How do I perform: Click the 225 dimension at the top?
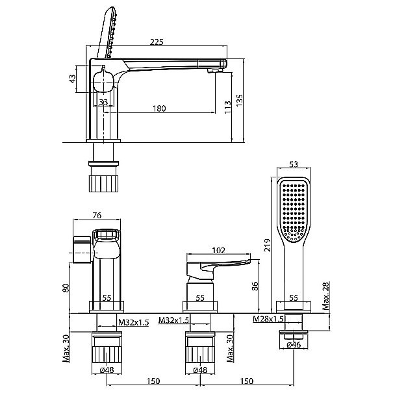click(x=157, y=42)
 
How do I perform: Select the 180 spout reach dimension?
click(x=159, y=108)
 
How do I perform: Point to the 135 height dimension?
click(x=240, y=100)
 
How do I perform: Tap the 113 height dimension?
click(x=227, y=107)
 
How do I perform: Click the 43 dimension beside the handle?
click(x=73, y=79)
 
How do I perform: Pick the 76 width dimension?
click(x=97, y=215)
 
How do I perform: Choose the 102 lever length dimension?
click(x=218, y=250)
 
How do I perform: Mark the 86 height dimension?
click(x=255, y=286)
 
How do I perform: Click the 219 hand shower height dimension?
click(x=268, y=245)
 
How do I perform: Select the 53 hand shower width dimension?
click(x=294, y=164)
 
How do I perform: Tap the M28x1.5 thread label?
click(x=268, y=319)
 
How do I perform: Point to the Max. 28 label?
click(x=326, y=296)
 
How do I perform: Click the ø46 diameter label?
click(x=294, y=345)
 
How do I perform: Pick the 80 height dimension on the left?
click(x=66, y=288)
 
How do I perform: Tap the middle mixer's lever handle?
click(x=218, y=268)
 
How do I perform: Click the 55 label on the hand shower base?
click(x=294, y=298)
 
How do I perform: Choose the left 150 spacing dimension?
click(x=153, y=381)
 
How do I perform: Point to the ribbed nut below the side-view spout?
click(x=103, y=183)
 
